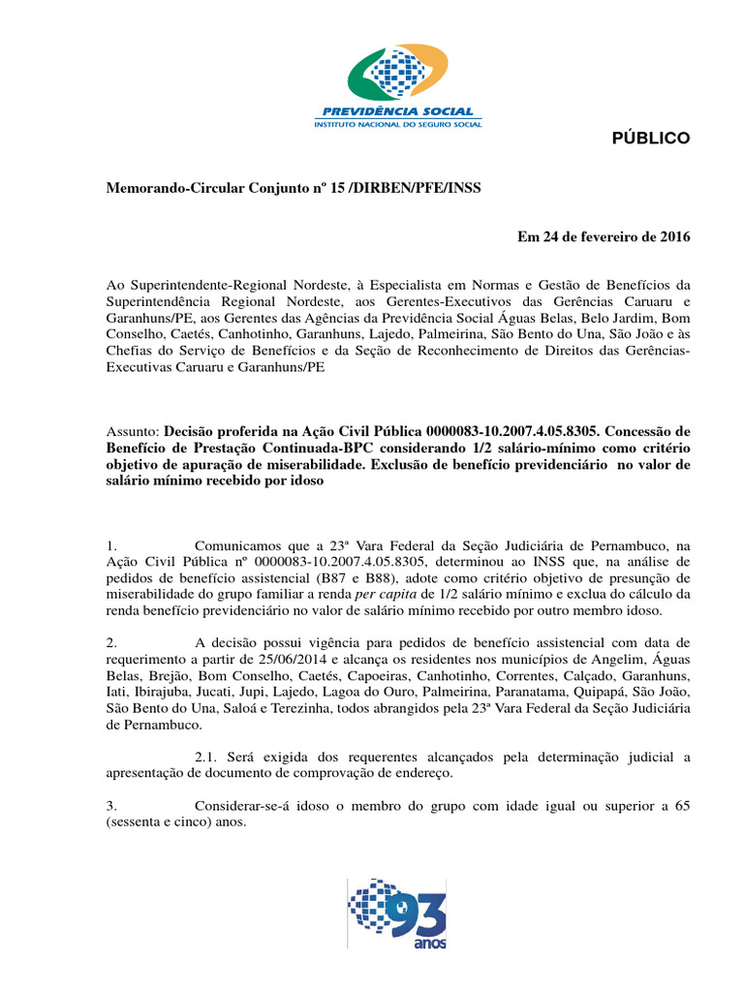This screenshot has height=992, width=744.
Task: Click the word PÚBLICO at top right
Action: click(x=651, y=139)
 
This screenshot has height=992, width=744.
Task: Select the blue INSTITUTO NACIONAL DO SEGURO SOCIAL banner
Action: click(x=397, y=124)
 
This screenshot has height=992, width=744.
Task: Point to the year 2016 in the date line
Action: click(x=671, y=236)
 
